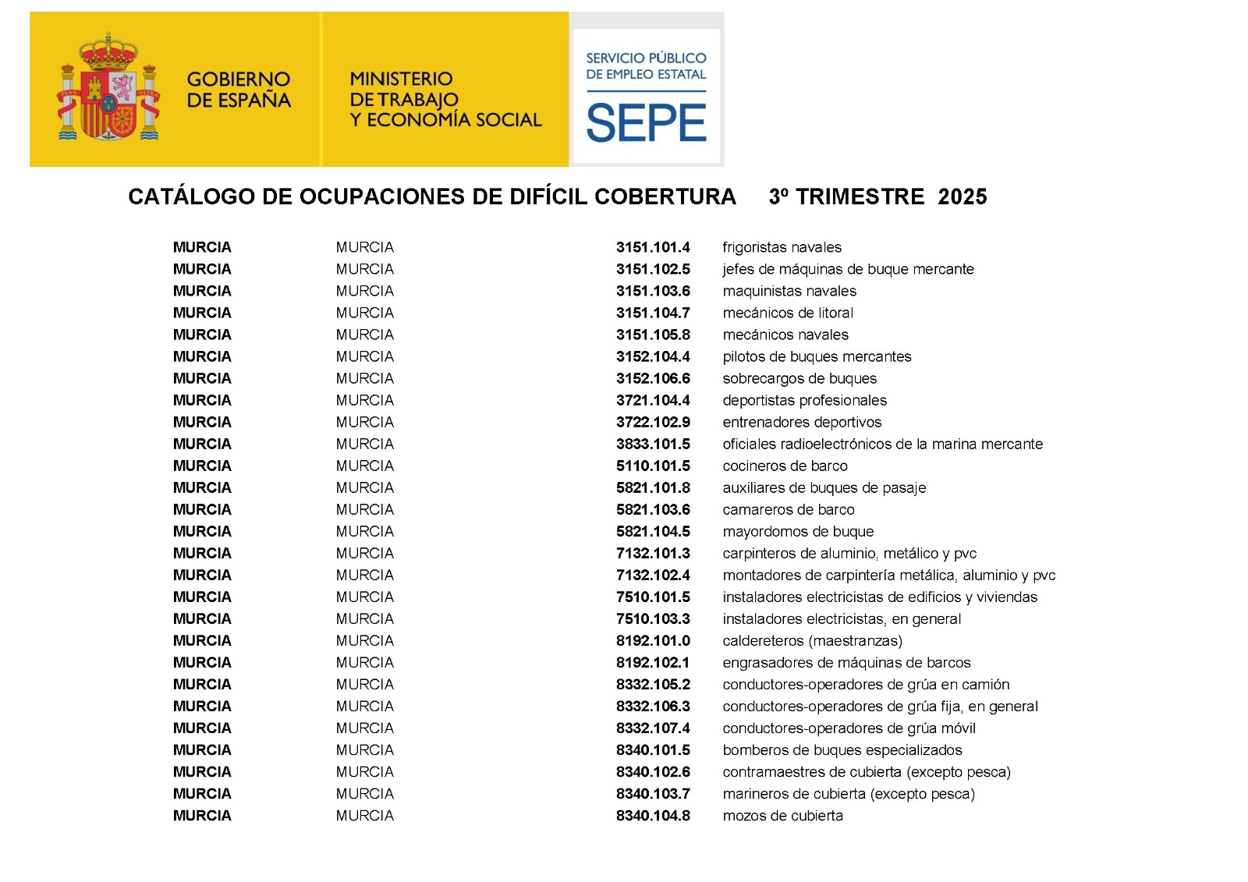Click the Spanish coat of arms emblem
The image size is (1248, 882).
click(108, 88)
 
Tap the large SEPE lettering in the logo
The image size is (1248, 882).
click(646, 124)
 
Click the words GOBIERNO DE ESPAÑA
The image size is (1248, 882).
click(239, 90)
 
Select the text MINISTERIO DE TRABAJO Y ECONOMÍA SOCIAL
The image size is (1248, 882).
click(445, 99)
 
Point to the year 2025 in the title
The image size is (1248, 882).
click(963, 197)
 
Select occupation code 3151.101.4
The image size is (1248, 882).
click(653, 247)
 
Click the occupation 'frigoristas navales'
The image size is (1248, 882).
click(782, 247)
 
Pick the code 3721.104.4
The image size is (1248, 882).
click(653, 400)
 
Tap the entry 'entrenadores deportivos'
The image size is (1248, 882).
click(802, 422)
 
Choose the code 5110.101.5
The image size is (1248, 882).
click(653, 466)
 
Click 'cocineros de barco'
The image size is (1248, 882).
click(785, 466)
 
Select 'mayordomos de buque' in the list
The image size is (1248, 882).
click(798, 531)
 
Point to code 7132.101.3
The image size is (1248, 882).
click(653, 553)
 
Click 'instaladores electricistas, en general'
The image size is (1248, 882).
click(842, 618)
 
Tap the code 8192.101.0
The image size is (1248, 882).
click(653, 640)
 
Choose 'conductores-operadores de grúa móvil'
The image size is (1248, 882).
click(849, 728)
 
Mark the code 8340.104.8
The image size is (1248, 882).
click(653, 815)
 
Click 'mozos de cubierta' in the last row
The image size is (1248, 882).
click(782, 815)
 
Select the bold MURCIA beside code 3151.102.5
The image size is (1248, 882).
click(202, 269)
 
